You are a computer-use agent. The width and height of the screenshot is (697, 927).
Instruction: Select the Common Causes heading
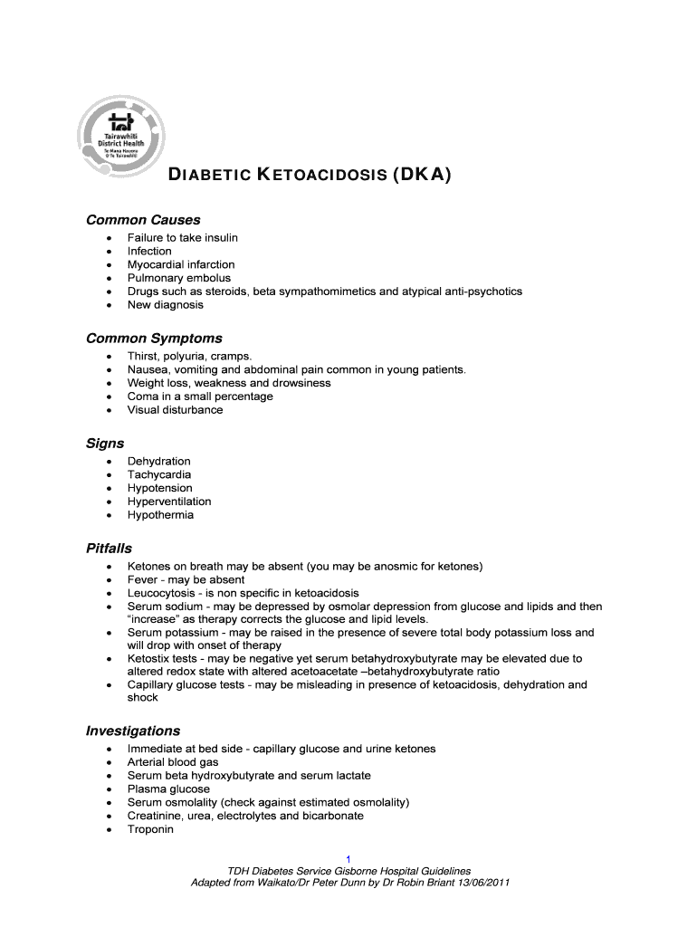pos(143,220)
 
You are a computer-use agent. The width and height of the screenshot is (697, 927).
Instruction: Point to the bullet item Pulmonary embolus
pos(178,278)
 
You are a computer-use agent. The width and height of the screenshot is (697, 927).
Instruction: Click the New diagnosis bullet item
pos(166,305)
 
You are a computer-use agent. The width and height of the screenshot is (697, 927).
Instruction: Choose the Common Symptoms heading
pos(154,339)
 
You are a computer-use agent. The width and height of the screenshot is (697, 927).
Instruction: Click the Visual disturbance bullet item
pos(175,410)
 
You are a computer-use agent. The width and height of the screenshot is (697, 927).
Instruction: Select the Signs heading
pos(105,444)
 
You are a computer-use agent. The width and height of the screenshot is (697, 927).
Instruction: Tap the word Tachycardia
pos(159,474)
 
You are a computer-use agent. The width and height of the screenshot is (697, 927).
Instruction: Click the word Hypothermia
pos(160,515)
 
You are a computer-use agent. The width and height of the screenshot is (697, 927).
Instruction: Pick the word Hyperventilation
pos(169,502)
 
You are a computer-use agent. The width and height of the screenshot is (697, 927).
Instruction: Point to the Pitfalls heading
pos(109,549)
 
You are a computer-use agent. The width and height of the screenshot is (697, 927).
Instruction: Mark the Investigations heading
pos(133,731)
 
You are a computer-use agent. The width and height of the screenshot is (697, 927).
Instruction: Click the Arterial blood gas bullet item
pos(173,762)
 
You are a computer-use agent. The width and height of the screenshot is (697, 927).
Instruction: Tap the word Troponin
pos(150,829)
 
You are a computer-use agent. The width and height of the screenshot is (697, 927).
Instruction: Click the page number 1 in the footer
pos(348,858)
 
